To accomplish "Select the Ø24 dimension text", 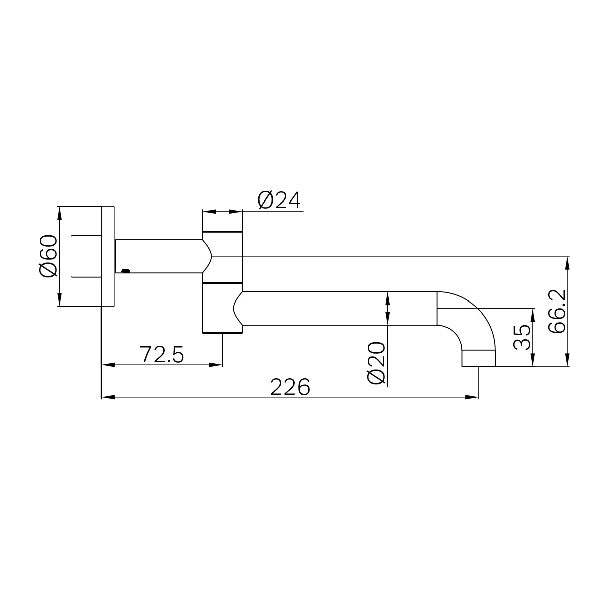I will [x=279, y=200].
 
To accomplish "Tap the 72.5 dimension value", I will [x=162, y=355].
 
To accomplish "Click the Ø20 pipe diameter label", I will [x=377, y=363].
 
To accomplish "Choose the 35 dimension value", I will [x=523, y=337].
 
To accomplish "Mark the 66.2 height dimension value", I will [x=557, y=311].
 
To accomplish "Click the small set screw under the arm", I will [x=125, y=271].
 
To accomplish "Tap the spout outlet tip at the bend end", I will [x=478, y=358].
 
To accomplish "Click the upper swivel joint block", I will [x=223, y=256].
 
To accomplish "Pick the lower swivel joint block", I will [x=223, y=308].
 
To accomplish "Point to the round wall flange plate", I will [x=108, y=256].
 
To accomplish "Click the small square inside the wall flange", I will [x=86, y=256].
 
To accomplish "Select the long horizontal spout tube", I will [x=337, y=308].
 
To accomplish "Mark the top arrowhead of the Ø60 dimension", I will [x=60, y=212].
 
